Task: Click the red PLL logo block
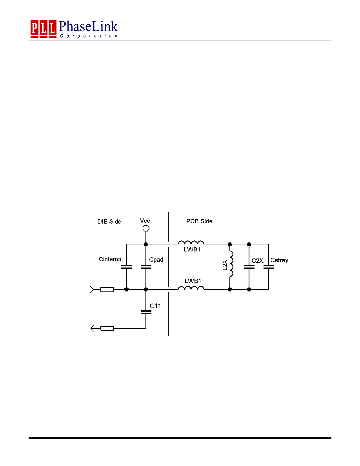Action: pos(44,29)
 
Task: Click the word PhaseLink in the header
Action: pos(88,26)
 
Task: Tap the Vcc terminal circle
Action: pos(146,229)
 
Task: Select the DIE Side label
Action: pos(109,221)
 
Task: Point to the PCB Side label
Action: pos(199,221)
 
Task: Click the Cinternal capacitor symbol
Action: pos(127,267)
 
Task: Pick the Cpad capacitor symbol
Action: pos(146,267)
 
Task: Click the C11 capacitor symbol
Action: pos(146,312)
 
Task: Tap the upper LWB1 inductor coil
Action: pos(191,242)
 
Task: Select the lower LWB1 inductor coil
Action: pos(191,288)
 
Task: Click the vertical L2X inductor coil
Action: pos(231,264)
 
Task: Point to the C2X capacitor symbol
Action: pos(249,267)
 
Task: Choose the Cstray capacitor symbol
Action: pos(269,267)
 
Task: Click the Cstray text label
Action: pos(279,260)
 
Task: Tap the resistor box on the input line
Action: pos(107,289)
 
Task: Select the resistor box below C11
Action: pos(107,328)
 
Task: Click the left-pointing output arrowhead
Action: pos(93,328)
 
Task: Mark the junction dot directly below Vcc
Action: pos(146,244)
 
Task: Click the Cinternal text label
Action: pos(111,259)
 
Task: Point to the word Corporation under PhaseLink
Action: pos(89,36)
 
